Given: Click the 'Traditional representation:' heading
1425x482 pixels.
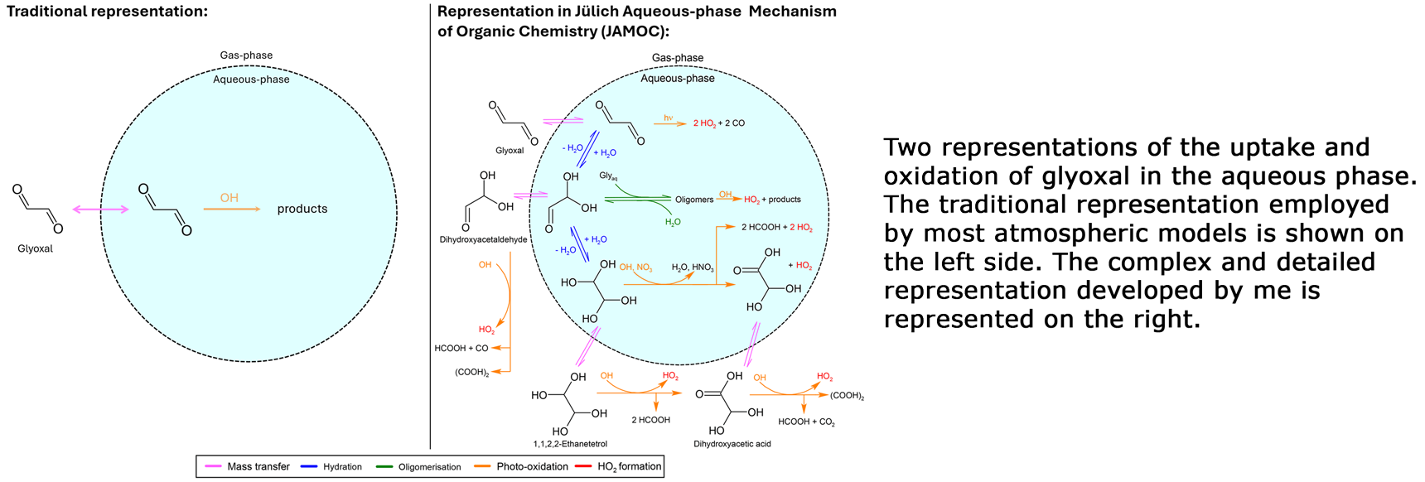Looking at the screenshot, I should pos(107,12).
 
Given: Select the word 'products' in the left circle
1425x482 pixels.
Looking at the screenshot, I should pos(302,209).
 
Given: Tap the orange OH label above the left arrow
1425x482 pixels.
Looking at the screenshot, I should pos(229,198).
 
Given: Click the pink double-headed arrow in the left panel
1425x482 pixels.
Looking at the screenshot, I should pos(100,210).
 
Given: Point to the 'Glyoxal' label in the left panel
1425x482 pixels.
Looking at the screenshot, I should pos(35,248).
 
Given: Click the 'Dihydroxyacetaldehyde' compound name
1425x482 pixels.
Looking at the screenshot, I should pos(483,239).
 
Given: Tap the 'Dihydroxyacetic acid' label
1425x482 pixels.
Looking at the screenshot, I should pos(732,444).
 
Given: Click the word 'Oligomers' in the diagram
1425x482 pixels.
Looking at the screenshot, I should pos(693,200).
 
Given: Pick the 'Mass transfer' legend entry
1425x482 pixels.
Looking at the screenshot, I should pos(258,467).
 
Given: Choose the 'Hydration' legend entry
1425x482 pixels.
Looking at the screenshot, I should pos(342,467).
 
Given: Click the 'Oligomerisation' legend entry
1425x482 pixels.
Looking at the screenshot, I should pos(429,467).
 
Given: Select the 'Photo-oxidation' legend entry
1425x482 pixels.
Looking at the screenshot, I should pos(532,467).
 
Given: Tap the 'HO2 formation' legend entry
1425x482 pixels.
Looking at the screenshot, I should pos(629,467).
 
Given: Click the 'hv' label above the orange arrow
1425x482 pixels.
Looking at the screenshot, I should pos(668,118).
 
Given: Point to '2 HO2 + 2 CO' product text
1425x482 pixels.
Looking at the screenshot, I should pos(718,123).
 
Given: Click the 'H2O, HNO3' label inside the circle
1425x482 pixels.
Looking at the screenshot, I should pos(692,268).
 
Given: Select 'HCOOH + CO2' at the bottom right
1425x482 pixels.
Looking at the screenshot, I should pos(806,422).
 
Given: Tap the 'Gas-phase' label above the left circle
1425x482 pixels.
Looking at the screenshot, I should pos(246,55).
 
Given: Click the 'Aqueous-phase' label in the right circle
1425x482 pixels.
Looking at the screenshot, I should pos(677,79).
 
